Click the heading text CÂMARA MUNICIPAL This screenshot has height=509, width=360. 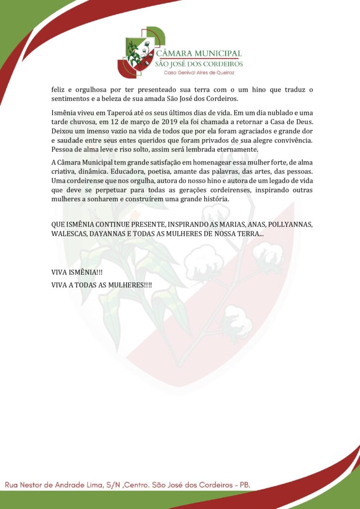click(199, 53)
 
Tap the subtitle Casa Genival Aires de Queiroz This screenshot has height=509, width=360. click(199, 73)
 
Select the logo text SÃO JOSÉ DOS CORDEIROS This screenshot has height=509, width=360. click(199, 64)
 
